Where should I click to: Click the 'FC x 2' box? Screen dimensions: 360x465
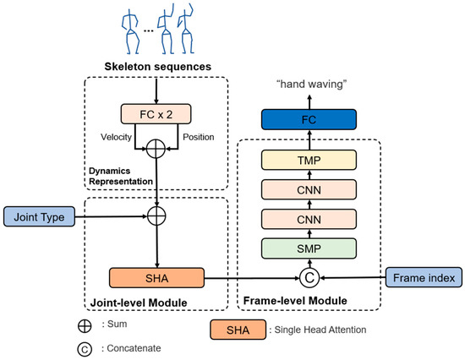pos(156,113)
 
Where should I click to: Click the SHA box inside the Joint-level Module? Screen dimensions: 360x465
pos(156,276)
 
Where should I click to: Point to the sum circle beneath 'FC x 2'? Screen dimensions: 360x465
pos(156,150)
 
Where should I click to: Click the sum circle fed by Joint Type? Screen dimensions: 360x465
pos(156,217)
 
